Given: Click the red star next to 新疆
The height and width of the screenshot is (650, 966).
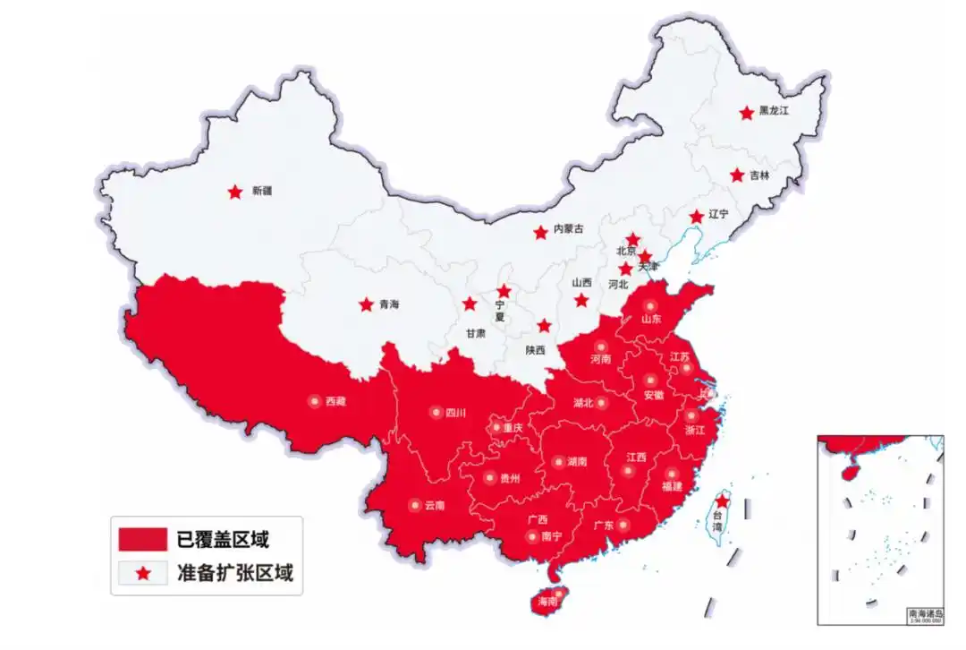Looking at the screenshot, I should [x=234, y=192].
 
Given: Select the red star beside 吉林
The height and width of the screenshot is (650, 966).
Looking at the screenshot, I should [x=737, y=175].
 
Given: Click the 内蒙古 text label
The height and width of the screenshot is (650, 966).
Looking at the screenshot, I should [x=569, y=229].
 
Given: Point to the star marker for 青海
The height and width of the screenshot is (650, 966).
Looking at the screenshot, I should [x=366, y=304].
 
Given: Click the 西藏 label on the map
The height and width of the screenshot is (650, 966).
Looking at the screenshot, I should [x=335, y=402].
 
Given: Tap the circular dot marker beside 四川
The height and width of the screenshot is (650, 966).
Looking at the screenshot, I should [x=436, y=413].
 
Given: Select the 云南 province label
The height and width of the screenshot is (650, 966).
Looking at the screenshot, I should [x=435, y=505].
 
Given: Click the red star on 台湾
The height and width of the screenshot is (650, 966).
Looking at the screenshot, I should [x=722, y=501].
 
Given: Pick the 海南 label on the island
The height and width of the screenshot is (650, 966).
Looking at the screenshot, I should [x=547, y=603].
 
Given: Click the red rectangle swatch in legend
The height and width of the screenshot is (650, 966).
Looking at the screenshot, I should [x=142, y=539].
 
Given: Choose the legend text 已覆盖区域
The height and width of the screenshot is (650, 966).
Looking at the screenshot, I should [x=223, y=539].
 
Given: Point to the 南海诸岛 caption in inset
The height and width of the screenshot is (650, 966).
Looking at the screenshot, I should [x=925, y=613].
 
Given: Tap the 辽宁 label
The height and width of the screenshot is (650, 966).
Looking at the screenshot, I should [x=718, y=215].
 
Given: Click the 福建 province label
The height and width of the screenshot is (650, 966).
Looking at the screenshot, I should [x=671, y=486].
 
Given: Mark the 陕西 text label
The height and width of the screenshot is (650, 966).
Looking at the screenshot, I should [x=536, y=350].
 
